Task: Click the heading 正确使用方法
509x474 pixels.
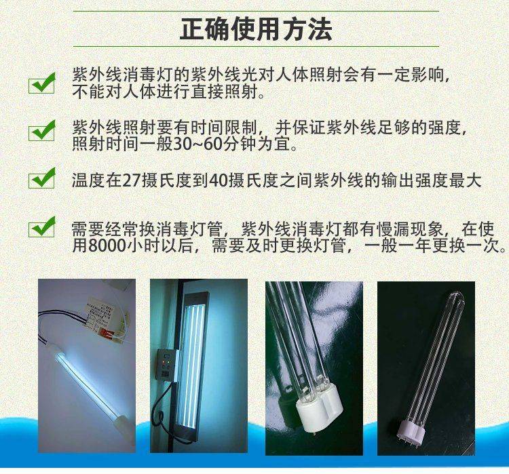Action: [x=256, y=29]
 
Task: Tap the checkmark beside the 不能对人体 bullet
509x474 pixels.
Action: [x=42, y=83]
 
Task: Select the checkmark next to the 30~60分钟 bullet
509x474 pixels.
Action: [x=42, y=130]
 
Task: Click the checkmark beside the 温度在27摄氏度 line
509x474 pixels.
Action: [x=42, y=178]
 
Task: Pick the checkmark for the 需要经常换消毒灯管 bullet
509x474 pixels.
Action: [x=42, y=226]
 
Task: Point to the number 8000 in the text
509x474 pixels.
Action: [x=107, y=246]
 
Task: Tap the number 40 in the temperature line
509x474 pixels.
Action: [x=219, y=180]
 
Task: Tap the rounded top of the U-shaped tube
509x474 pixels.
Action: [x=457, y=297]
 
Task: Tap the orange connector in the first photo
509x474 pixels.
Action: [x=107, y=330]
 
